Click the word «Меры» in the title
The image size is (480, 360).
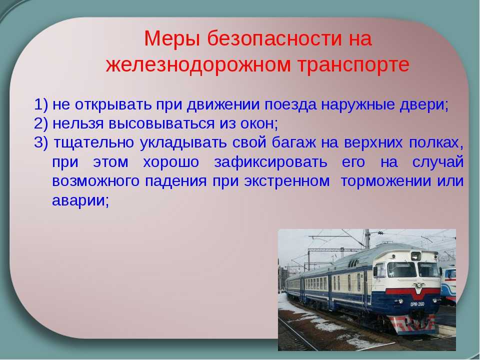click(x=172, y=39)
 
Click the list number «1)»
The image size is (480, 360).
click(x=41, y=104)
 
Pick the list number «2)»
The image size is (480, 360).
click(x=41, y=123)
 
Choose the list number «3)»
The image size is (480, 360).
click(x=41, y=142)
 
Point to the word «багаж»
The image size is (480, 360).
click(x=294, y=142)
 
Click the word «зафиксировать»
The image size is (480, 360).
click(x=270, y=162)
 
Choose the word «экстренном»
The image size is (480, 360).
click(x=287, y=181)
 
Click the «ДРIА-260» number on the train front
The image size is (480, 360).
click(x=417, y=304)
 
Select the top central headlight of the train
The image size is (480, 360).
click(x=415, y=256)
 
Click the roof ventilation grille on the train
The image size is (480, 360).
click(x=353, y=263)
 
